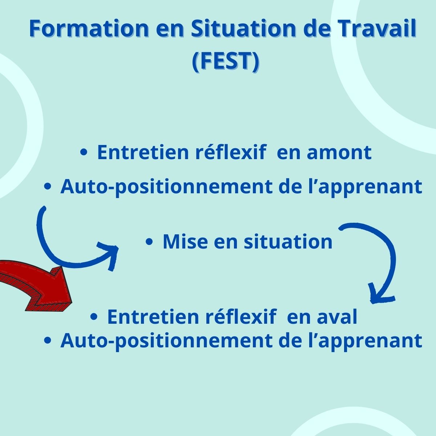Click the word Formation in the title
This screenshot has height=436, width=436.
click(89, 29)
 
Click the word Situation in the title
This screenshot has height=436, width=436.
click(243, 28)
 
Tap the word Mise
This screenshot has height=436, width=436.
click(185, 241)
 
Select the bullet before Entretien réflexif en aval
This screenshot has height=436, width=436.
click(94, 316)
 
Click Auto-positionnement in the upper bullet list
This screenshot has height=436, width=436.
click(166, 187)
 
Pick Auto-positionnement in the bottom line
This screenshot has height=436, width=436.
click(166, 341)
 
